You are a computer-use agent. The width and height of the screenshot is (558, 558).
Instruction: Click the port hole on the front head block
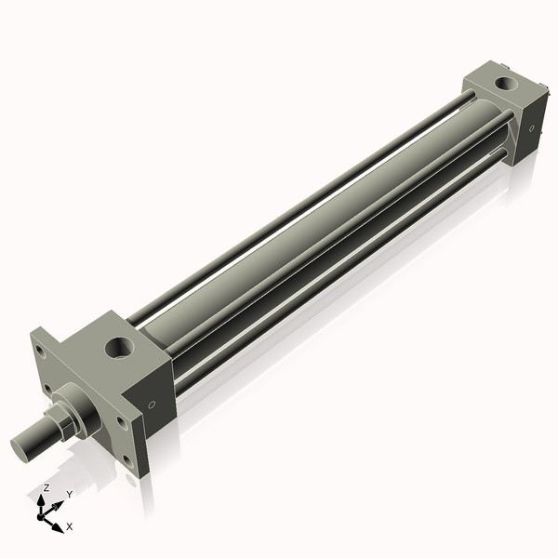pos(121,349)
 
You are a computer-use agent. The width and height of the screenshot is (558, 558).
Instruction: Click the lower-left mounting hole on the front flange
pos(46,388)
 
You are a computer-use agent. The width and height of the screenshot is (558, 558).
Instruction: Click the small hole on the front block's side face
pos(152,405)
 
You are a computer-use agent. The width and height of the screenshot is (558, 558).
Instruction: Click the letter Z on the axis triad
pos(46,488)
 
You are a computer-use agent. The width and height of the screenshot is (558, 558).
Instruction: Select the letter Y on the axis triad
pos(69,495)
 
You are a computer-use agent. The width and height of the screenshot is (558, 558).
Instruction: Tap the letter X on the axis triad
pos(70,526)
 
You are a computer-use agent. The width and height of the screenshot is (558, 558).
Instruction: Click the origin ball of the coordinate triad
pos(43,512)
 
